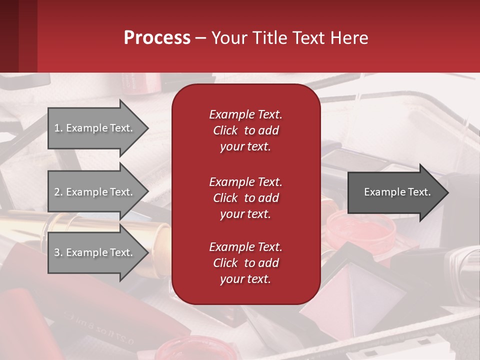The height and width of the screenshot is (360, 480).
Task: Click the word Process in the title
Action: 157,38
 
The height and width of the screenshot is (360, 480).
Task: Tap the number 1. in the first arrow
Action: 58,128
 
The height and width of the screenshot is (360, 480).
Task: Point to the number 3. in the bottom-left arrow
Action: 58,252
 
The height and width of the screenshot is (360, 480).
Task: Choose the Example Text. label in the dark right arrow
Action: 397,192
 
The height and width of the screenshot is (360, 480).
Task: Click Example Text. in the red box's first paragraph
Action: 245,114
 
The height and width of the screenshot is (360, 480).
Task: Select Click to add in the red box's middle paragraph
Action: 245,198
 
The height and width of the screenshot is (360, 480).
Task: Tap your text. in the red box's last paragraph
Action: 245,279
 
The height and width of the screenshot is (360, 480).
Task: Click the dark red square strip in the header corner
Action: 18,36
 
